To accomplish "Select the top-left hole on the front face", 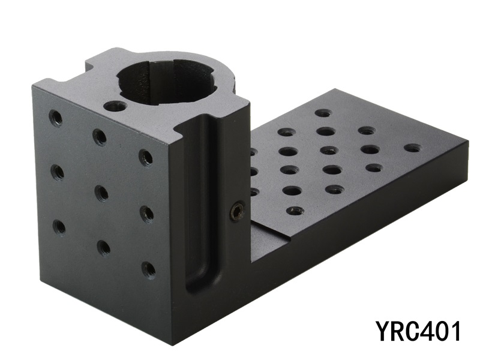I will (56, 118).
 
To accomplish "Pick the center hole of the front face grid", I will (101, 193).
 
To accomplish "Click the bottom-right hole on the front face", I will (148, 269).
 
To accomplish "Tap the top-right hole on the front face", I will (145, 157).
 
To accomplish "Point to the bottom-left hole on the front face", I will (59, 226).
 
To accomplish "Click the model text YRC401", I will (419, 331).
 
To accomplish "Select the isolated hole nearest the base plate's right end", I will (412, 148).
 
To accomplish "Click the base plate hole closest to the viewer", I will (295, 211).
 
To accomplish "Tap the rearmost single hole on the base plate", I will (323, 113).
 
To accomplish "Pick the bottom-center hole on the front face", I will (103, 247).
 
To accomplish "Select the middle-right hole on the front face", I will (146, 214).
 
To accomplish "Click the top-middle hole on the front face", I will (99, 137).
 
